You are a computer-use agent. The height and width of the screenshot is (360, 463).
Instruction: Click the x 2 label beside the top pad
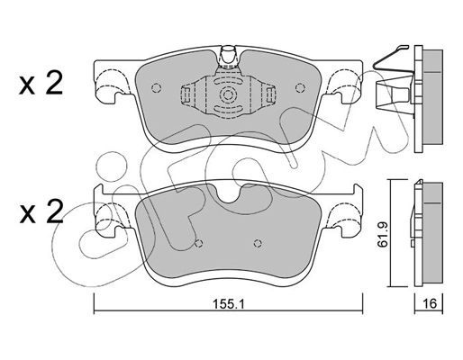tap(40, 86)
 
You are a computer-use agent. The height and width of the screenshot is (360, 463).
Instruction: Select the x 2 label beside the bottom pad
tap(40, 212)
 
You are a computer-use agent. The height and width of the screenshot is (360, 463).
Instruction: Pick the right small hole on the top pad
tap(293, 88)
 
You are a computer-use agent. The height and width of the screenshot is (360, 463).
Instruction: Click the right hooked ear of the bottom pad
tap(341, 218)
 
